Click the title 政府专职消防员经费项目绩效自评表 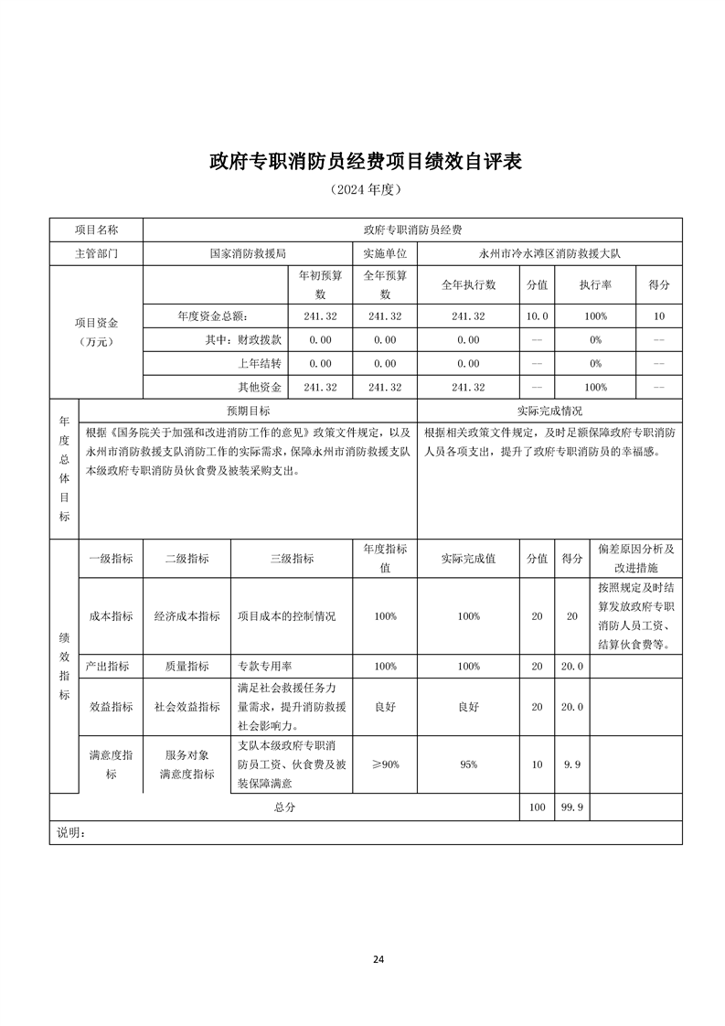pyautogui.click(x=365, y=161)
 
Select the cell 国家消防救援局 pyautogui.click(x=248, y=253)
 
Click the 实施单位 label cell pyautogui.click(x=385, y=253)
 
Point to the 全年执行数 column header pyautogui.click(x=468, y=284)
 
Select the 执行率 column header pyautogui.click(x=595, y=284)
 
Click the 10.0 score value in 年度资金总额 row pyautogui.click(x=538, y=315)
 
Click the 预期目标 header pyautogui.click(x=248, y=411)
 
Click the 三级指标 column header pyautogui.click(x=292, y=559)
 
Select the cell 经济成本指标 pyautogui.click(x=187, y=616)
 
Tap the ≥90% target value pyautogui.click(x=385, y=764)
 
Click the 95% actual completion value pyautogui.click(x=468, y=764)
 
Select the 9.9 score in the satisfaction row pyautogui.click(x=572, y=764)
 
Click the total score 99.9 pyautogui.click(x=572, y=807)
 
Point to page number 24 pyautogui.click(x=378, y=959)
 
